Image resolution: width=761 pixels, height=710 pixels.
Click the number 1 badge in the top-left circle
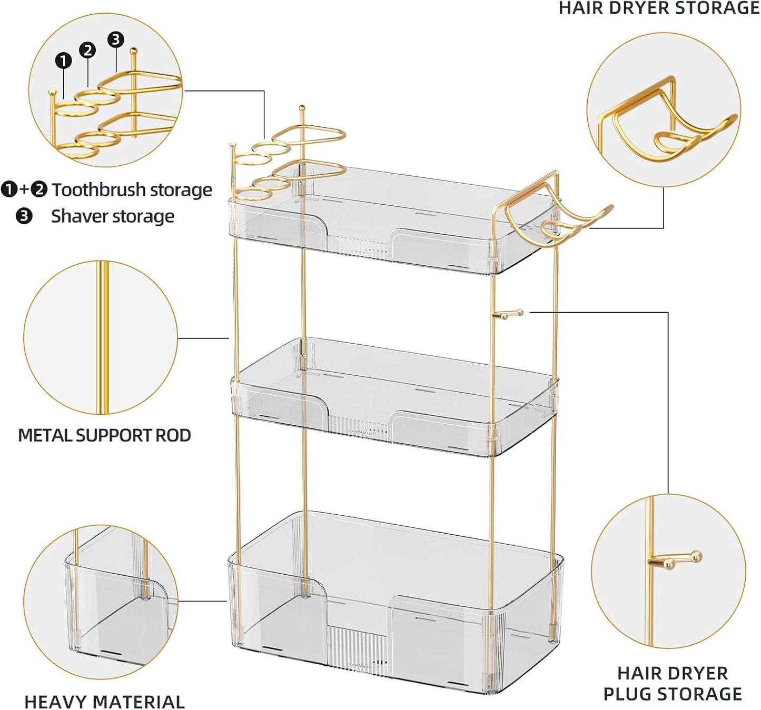(63, 61)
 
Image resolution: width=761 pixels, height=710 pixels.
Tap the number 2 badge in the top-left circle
(87, 50)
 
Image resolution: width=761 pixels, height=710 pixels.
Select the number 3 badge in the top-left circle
(116, 39)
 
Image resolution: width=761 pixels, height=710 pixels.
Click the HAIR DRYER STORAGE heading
(659, 8)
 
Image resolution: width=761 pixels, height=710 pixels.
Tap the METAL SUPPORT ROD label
(104, 435)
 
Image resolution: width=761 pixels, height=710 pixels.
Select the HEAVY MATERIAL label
(104, 702)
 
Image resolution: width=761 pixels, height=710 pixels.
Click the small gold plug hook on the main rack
(509, 314)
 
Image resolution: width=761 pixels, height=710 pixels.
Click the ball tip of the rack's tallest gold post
(302, 108)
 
